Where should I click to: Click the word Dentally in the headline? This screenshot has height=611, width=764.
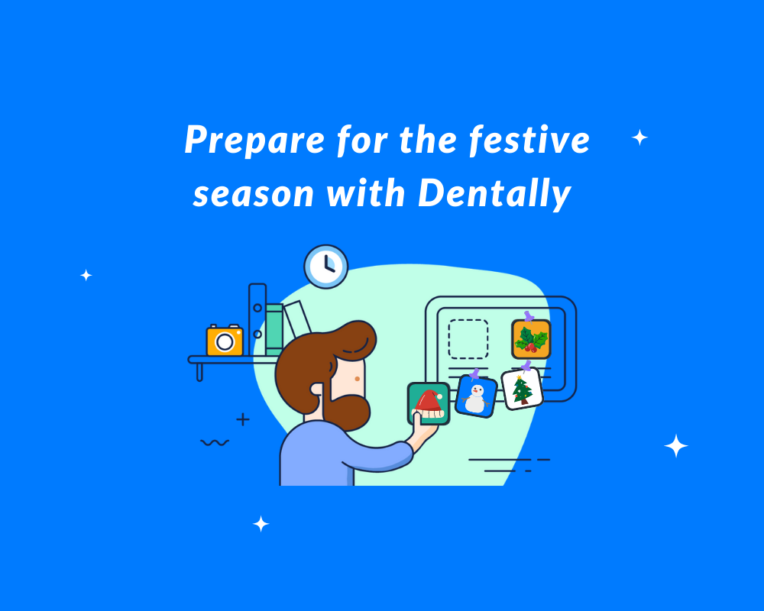494,193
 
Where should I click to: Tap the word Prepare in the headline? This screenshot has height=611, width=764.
254,141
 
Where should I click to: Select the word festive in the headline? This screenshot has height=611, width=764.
529,141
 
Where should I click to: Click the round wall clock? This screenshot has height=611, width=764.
326,267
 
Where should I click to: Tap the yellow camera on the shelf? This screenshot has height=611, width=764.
225,340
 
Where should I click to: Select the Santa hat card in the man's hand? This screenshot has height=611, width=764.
429,403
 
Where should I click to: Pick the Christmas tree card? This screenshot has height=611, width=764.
523,389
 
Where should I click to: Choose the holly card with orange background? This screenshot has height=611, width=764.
531,339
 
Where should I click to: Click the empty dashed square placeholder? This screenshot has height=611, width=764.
468,339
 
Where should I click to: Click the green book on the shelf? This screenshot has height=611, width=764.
274,330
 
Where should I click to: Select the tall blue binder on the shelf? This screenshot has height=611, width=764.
257,320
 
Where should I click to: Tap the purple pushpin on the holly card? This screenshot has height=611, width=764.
528,316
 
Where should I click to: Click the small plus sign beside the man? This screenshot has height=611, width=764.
243,419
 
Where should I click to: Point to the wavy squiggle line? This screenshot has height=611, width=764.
215,442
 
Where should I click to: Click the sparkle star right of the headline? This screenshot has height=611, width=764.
639,138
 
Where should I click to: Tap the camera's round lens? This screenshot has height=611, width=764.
225,341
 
